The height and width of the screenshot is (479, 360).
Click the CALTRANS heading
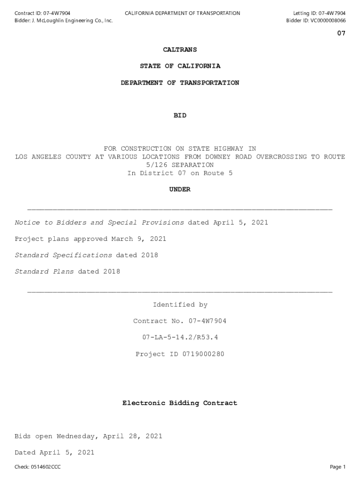180,50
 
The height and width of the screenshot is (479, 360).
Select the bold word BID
180,116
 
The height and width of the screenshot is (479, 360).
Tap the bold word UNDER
180,189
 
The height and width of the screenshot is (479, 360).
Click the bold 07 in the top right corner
341,34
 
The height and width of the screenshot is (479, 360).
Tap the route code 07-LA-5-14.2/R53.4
180,337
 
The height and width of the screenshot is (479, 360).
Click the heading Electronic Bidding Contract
180,403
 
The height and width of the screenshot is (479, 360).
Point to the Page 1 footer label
338,467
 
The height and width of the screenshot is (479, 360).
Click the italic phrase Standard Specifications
63,255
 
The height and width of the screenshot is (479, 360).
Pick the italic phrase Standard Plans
44,272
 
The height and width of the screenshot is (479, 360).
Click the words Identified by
180,305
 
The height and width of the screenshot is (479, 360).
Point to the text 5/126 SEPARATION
180,165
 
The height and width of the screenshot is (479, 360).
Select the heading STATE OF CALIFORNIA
180,66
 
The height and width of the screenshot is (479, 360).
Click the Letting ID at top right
319,13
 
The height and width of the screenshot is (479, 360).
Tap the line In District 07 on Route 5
180,173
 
